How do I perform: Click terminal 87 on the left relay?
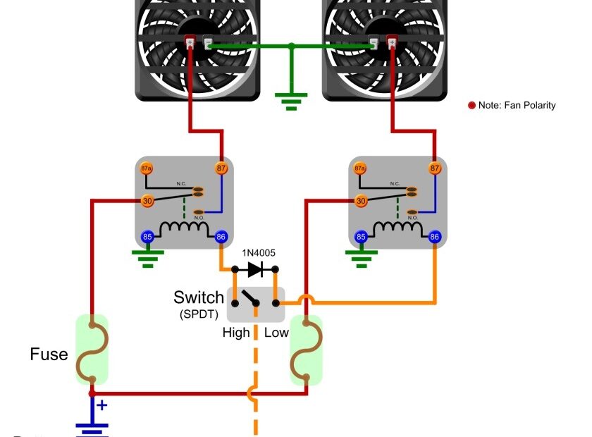click(x=221, y=168)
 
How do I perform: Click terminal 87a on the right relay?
click(x=360, y=168)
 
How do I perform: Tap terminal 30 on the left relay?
click(x=147, y=201)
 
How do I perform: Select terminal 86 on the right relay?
click(x=434, y=237)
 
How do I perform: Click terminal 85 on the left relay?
click(x=147, y=237)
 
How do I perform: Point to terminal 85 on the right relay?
click(x=360, y=237)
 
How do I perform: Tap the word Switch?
click(x=199, y=297)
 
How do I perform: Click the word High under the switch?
click(x=236, y=332)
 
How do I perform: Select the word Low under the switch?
click(x=276, y=332)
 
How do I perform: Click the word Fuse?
click(x=49, y=354)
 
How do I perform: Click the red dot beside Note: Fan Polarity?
click(x=471, y=106)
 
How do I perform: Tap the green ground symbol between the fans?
click(x=291, y=101)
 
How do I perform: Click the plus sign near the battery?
click(x=102, y=405)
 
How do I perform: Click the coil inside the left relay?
click(x=180, y=229)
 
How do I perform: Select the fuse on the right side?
click(x=306, y=350)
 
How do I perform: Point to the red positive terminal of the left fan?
click(x=190, y=43)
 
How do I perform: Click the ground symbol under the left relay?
click(x=147, y=257)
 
